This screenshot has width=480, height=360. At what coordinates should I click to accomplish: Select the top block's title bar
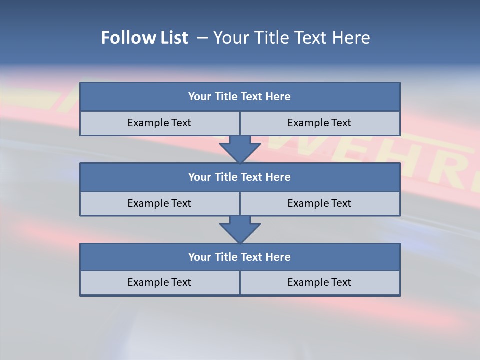coord(240,97)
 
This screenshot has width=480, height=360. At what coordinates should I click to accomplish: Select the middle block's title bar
coord(240,177)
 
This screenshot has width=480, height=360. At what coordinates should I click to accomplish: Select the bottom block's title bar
coord(240,257)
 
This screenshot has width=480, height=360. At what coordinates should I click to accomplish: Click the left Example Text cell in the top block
coord(159,123)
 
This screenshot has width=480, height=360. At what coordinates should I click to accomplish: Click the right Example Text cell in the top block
coord(319,123)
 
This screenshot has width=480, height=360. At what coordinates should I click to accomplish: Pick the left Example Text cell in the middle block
coord(159,203)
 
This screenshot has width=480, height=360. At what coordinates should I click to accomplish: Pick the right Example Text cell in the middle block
coord(319,203)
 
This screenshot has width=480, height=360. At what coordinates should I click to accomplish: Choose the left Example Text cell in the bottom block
coord(159,282)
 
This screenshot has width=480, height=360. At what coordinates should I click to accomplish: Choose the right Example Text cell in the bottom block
coord(319,282)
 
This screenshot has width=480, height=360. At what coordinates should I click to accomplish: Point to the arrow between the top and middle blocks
coord(240,148)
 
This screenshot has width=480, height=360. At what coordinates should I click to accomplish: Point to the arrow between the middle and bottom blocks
coord(240,229)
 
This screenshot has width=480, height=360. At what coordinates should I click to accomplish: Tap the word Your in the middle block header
coord(200,177)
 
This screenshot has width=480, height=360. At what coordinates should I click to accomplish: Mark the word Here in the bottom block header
coord(278,257)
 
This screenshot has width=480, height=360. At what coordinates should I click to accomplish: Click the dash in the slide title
coord(202,38)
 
